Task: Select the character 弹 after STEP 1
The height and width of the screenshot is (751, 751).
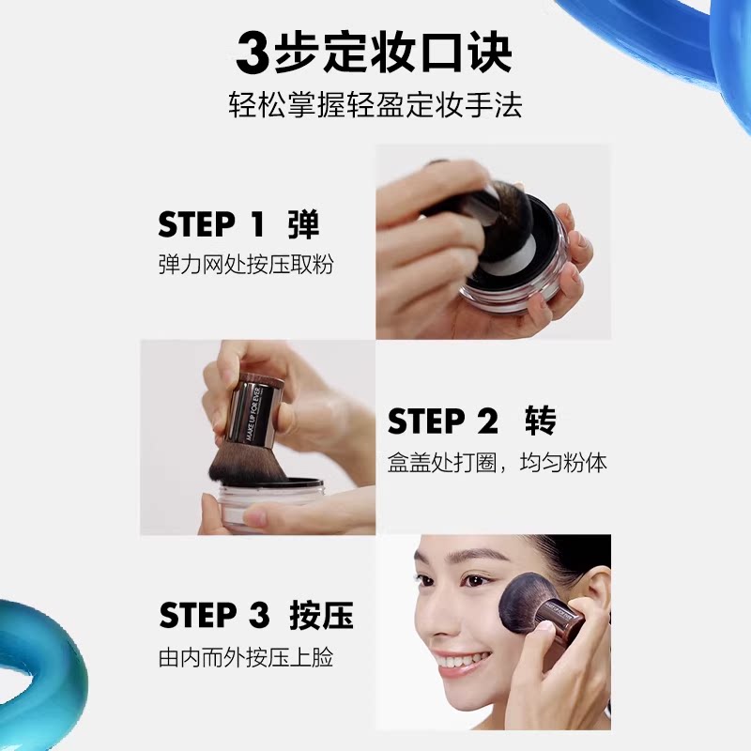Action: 303,225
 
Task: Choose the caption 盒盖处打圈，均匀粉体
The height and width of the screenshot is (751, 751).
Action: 497,464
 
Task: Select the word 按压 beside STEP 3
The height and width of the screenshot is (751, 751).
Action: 322,616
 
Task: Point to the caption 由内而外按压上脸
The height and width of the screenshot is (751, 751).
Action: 246,657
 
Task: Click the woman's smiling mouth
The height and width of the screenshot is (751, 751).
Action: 461,662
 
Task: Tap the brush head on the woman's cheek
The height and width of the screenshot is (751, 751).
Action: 526,605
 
